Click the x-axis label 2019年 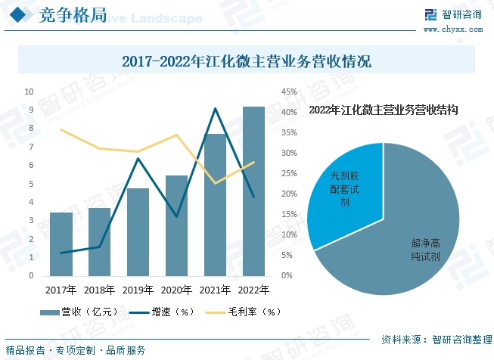[x=138, y=290]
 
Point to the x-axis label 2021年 [x=215, y=290]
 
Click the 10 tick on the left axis [x=30, y=92]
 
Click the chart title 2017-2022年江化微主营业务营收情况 [x=247, y=61]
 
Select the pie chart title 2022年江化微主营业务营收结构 [x=384, y=110]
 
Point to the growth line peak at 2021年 [x=215, y=109]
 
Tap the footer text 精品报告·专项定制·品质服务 [x=76, y=350]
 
